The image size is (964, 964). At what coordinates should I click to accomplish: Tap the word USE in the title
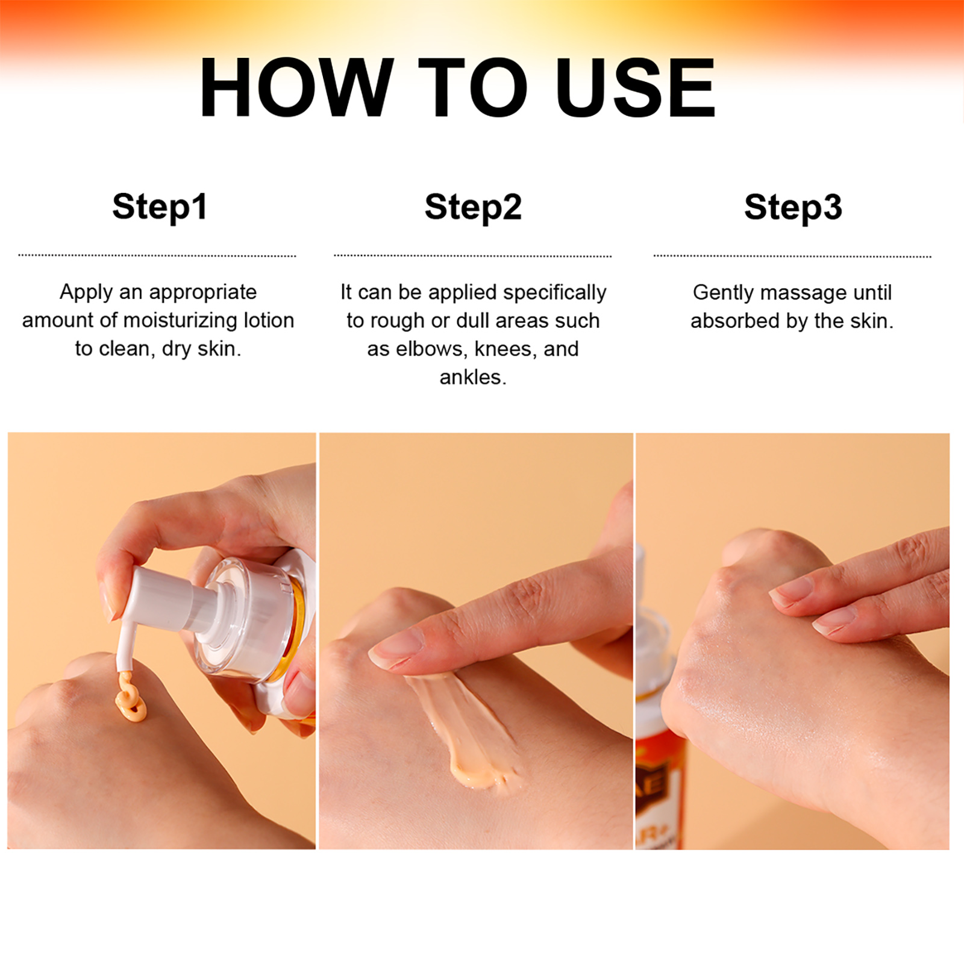click(636, 87)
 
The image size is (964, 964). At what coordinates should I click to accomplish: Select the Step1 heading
click(160, 207)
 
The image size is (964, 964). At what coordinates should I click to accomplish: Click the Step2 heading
click(473, 207)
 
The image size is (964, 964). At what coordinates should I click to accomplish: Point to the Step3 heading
click(793, 207)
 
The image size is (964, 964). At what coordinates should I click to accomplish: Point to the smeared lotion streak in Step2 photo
click(464, 729)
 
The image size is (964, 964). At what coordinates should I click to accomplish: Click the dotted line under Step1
click(157, 255)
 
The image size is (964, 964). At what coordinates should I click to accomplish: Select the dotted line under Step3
click(792, 256)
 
